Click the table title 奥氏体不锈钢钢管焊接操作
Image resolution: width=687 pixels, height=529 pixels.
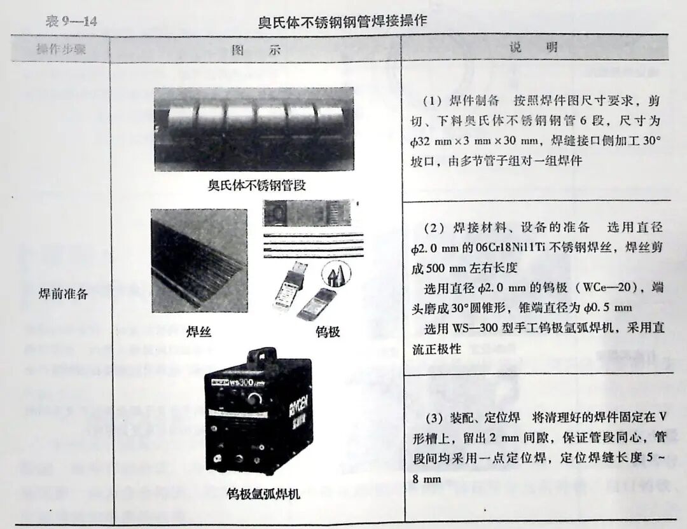tap(342, 22)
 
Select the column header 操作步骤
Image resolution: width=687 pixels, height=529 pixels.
tap(61, 50)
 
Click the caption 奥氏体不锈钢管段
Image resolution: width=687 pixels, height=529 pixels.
tap(253, 186)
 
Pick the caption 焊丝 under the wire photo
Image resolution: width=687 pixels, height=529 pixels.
tap(199, 331)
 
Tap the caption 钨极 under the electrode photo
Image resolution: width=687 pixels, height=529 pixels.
tap(327, 331)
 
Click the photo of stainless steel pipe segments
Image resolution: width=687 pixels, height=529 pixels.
tap(253, 129)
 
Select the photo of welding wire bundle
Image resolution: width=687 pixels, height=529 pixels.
tap(199, 261)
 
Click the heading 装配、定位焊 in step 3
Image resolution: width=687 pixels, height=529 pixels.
tap(488, 417)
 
